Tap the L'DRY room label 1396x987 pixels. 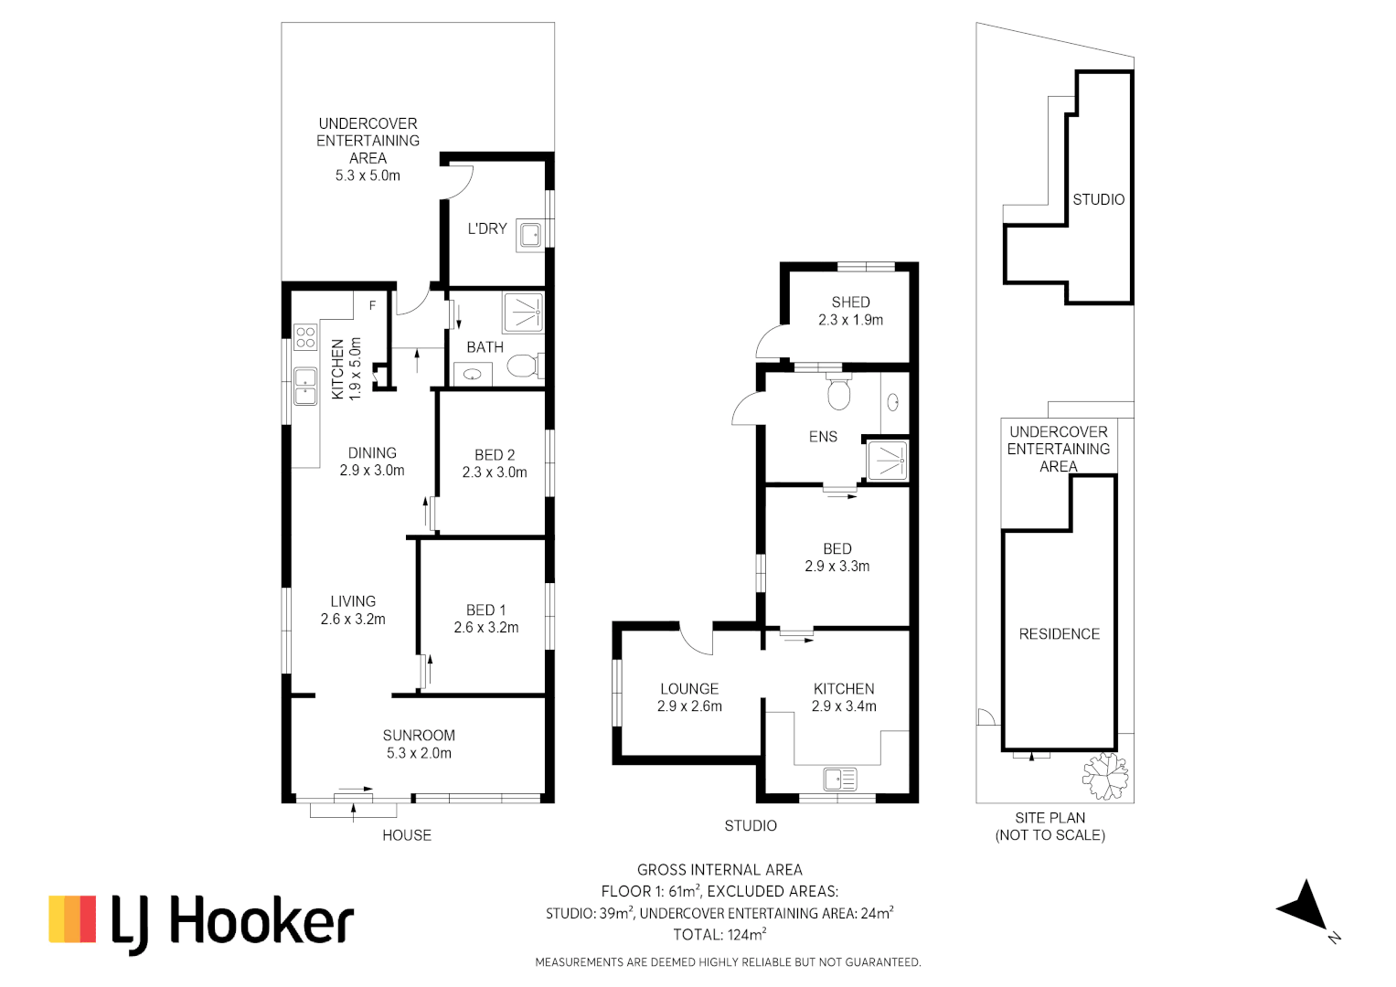coord(486,228)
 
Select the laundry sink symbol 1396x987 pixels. coord(530,235)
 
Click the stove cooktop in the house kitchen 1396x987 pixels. coord(305,337)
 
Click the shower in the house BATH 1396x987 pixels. coord(523,313)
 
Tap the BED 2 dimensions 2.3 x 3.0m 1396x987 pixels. coord(494,472)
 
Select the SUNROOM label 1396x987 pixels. coord(419,736)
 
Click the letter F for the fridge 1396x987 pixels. coord(372,305)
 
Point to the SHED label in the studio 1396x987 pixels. coord(850,302)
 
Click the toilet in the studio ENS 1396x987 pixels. coord(838,394)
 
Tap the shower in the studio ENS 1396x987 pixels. coord(887,461)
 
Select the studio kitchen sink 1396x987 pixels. coord(839,780)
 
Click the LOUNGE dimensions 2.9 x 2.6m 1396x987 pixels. coord(689,706)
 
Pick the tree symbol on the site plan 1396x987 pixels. coord(1105,776)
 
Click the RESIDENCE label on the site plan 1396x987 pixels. coord(1059,634)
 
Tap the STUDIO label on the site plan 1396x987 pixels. coord(1098,199)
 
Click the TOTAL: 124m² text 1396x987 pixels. coord(719,935)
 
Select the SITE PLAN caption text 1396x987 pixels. coord(1050,818)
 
